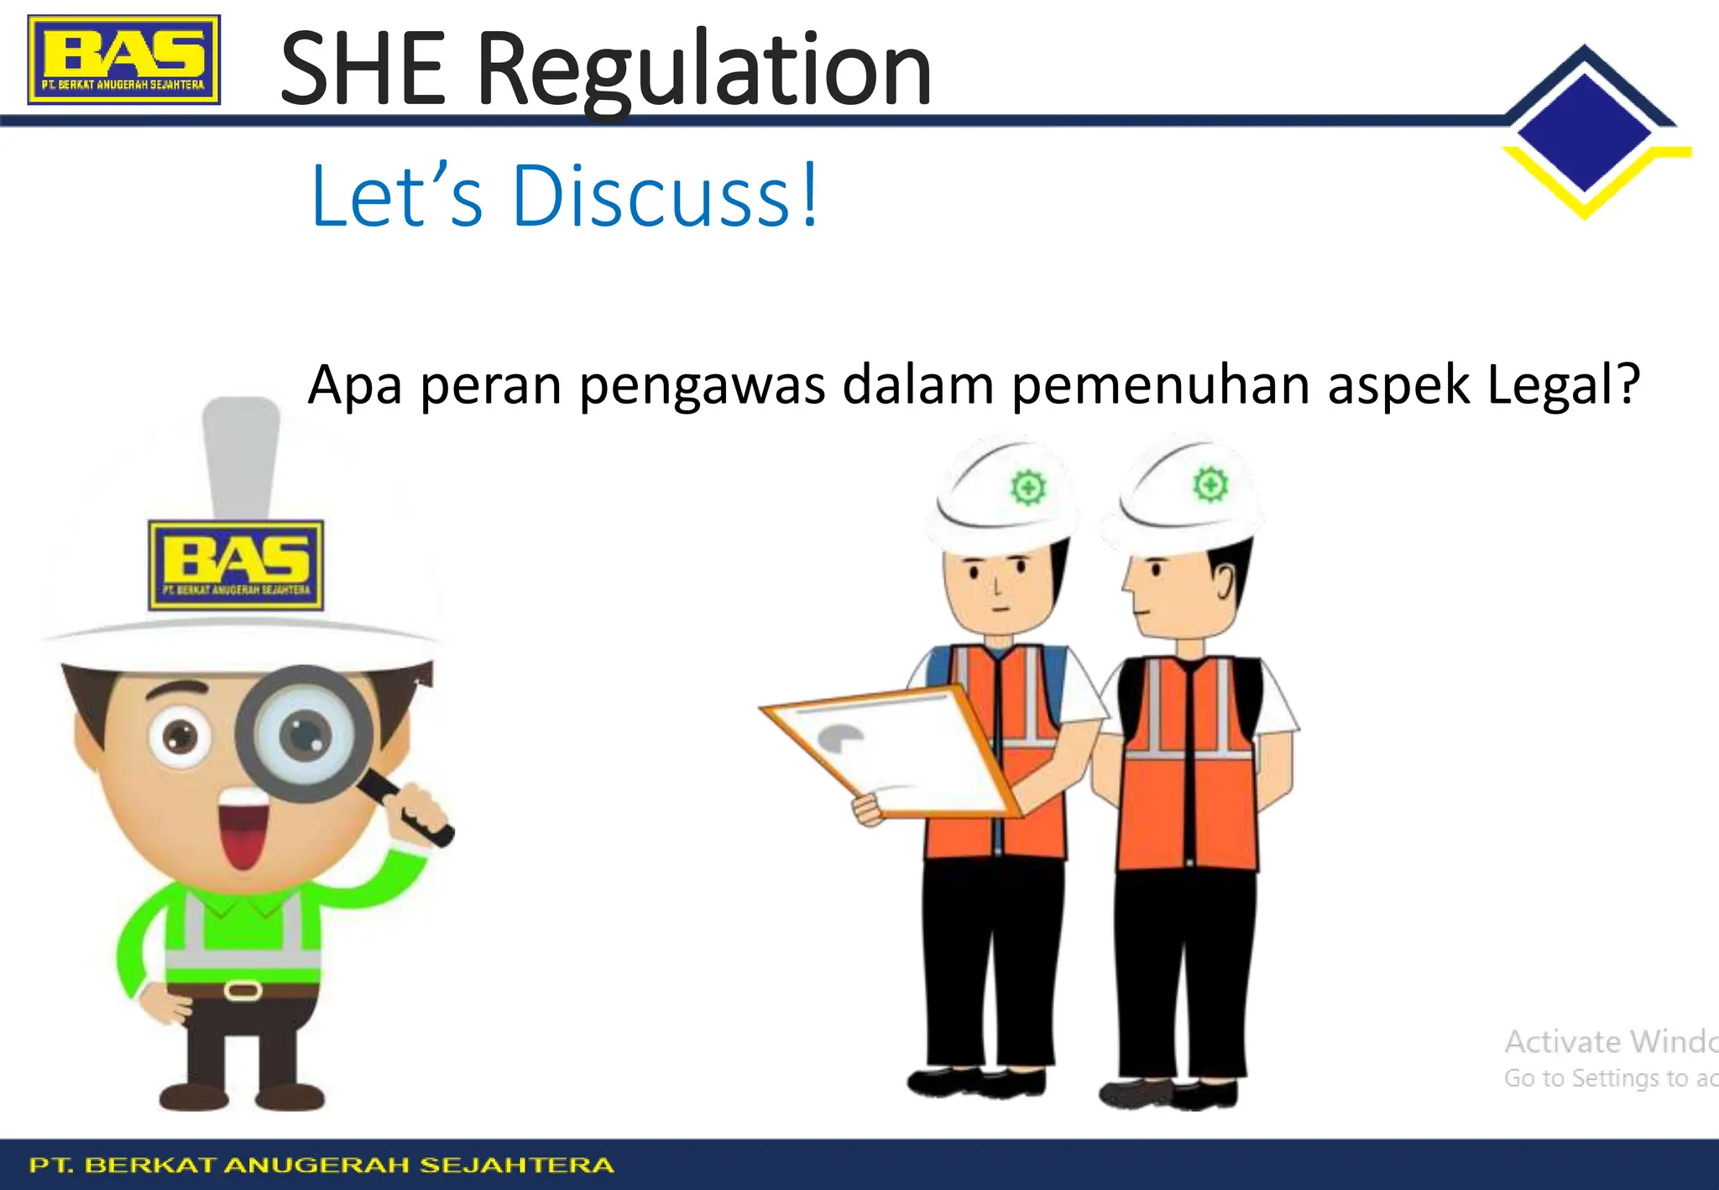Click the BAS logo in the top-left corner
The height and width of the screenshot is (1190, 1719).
coord(123,60)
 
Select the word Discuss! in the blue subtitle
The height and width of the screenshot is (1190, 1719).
coord(664,196)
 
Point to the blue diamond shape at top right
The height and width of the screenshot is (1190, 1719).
coord(1584,132)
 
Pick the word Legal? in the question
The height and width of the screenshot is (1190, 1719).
coord(1563,385)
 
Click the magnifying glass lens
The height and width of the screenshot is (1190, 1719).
coord(304,733)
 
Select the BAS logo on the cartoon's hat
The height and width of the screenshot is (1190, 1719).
coord(236,565)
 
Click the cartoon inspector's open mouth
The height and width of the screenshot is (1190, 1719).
coord(243,830)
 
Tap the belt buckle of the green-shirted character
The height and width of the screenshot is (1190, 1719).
coord(243,991)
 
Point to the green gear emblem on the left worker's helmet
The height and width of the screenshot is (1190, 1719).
coord(1028,488)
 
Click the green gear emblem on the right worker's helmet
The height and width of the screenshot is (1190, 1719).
coord(1210,484)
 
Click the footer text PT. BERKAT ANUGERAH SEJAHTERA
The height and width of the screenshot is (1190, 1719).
coord(321,1165)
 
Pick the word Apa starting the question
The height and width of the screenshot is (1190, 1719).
coord(354,387)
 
